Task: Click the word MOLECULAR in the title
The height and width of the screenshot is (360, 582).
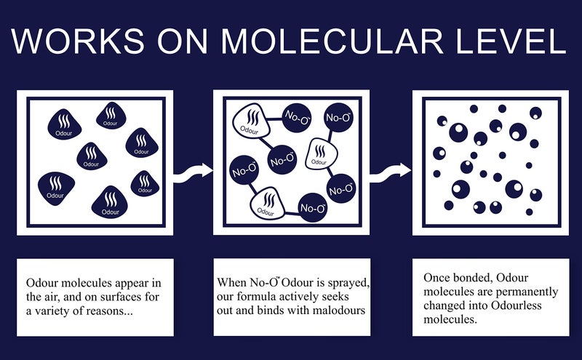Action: point(332,41)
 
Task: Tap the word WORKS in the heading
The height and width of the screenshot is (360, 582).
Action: point(78,41)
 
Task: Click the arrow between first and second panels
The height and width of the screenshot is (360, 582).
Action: point(193,172)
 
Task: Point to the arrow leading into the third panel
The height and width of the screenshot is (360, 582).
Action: point(391,172)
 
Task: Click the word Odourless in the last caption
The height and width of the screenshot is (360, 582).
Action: point(517,305)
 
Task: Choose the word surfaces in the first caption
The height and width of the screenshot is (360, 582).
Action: point(121,297)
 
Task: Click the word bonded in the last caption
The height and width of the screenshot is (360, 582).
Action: point(474,278)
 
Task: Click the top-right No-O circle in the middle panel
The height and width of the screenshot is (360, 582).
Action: point(338,118)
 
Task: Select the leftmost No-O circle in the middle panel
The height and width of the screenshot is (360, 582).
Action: point(244,170)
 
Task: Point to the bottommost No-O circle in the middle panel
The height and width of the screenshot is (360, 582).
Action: point(313,207)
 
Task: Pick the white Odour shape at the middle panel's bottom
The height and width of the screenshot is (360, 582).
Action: point(267,204)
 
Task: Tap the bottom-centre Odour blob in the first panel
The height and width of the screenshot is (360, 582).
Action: point(110,203)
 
